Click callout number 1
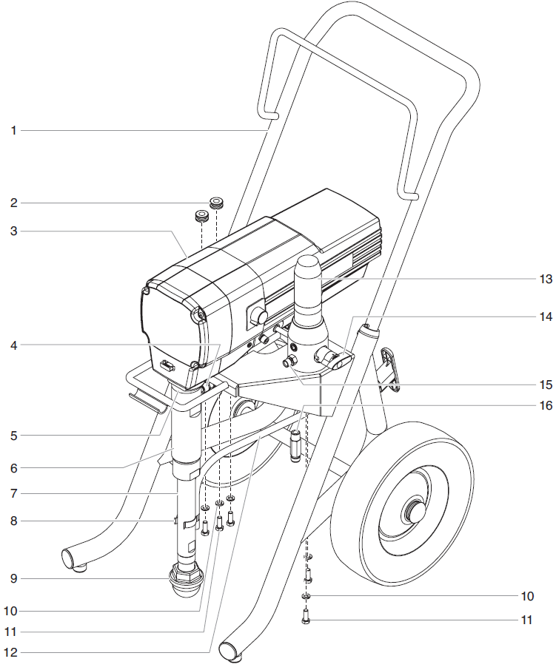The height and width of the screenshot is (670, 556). coord(13,131)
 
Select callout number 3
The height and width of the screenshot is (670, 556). coord(13,231)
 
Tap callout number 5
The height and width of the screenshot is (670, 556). coord(13,436)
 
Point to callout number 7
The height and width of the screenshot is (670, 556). coord(13,493)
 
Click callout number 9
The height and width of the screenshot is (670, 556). coord(13,578)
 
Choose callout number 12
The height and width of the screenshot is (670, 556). coord(13,652)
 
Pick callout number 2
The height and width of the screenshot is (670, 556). coord(13,202)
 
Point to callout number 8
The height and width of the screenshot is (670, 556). coord(13,521)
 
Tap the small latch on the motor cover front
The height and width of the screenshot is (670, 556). coord(168,365)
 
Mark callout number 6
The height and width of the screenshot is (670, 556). coord(13,467)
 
